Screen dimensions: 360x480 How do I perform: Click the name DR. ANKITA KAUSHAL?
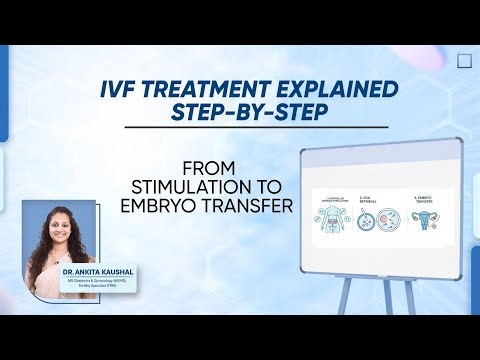pyautogui.click(x=92, y=272)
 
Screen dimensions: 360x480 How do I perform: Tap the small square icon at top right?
pyautogui.click(x=463, y=60)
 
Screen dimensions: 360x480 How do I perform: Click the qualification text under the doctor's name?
pyautogui.click(x=92, y=284)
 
